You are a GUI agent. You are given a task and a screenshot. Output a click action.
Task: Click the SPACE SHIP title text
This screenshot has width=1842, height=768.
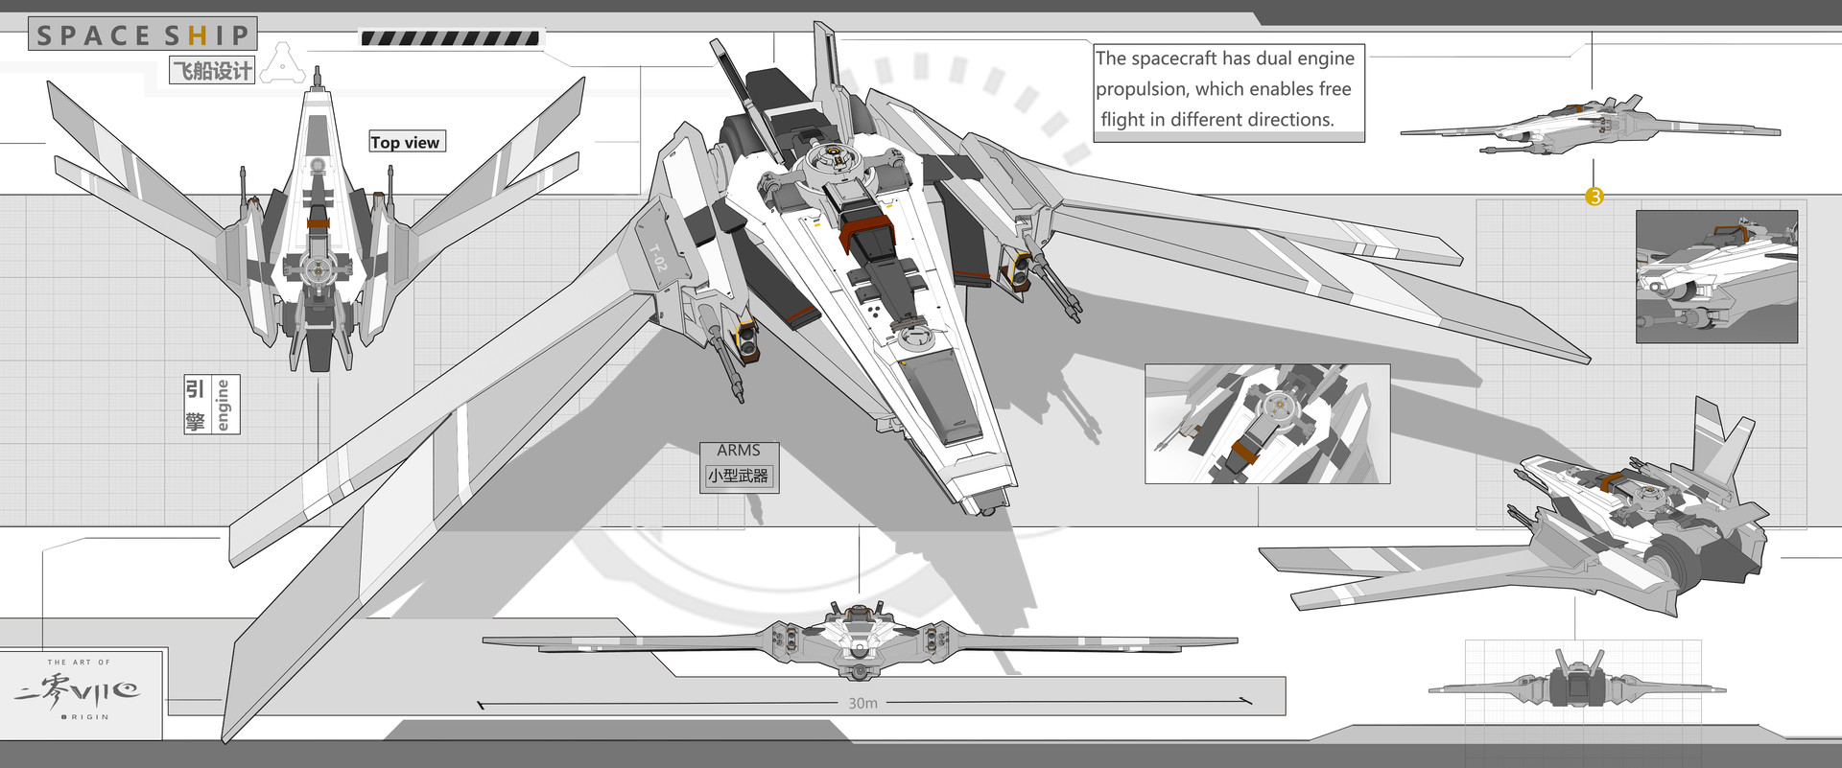(x=142, y=35)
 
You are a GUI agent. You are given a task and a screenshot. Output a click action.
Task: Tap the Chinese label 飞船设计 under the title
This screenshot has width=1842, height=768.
(x=212, y=70)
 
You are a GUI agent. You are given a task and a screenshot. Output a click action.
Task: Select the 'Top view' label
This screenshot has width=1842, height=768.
(x=406, y=142)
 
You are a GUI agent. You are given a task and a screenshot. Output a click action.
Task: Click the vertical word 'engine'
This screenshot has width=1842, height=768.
(x=224, y=405)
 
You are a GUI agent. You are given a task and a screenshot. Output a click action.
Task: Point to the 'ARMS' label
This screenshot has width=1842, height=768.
(x=738, y=451)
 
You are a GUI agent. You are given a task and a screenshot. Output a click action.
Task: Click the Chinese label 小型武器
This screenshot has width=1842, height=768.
(x=738, y=476)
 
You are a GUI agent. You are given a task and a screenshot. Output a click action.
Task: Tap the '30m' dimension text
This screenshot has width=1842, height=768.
(x=862, y=703)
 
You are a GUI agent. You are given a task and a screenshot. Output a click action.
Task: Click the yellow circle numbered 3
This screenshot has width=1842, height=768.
(x=1594, y=197)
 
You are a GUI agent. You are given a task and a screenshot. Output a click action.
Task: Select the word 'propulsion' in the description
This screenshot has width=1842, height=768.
(x=1142, y=89)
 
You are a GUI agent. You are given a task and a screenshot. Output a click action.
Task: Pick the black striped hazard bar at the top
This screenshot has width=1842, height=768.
(x=450, y=38)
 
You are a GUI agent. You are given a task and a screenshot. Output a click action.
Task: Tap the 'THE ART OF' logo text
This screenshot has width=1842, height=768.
(x=79, y=662)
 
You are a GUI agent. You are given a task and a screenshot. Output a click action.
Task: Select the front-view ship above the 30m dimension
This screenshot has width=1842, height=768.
(x=860, y=640)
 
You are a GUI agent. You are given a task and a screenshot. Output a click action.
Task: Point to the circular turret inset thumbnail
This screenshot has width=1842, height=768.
(x=1266, y=424)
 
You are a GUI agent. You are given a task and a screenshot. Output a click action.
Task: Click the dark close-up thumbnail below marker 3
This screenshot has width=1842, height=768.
(x=1715, y=277)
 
